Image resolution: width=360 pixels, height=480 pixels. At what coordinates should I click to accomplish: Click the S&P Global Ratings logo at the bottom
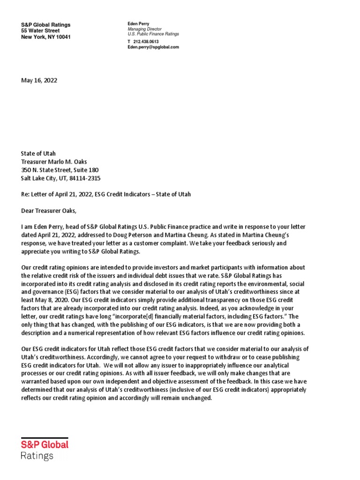point(45,449)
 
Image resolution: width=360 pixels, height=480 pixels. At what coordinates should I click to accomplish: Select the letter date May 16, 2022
point(39,80)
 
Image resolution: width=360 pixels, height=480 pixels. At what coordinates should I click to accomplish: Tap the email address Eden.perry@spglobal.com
point(153,47)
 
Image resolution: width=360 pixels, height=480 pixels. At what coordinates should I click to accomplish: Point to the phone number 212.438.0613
point(146,42)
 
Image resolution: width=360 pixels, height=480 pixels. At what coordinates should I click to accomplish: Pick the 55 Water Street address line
point(40,31)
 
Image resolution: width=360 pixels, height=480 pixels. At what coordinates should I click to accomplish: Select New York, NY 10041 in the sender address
point(46,37)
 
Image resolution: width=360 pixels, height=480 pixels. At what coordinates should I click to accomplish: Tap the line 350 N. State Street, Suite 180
point(60,170)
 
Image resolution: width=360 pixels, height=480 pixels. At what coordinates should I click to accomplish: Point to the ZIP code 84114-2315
point(87,179)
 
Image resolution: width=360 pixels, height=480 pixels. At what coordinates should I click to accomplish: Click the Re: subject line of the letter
point(106,194)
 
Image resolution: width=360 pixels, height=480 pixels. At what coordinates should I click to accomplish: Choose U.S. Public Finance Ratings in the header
point(153,34)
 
